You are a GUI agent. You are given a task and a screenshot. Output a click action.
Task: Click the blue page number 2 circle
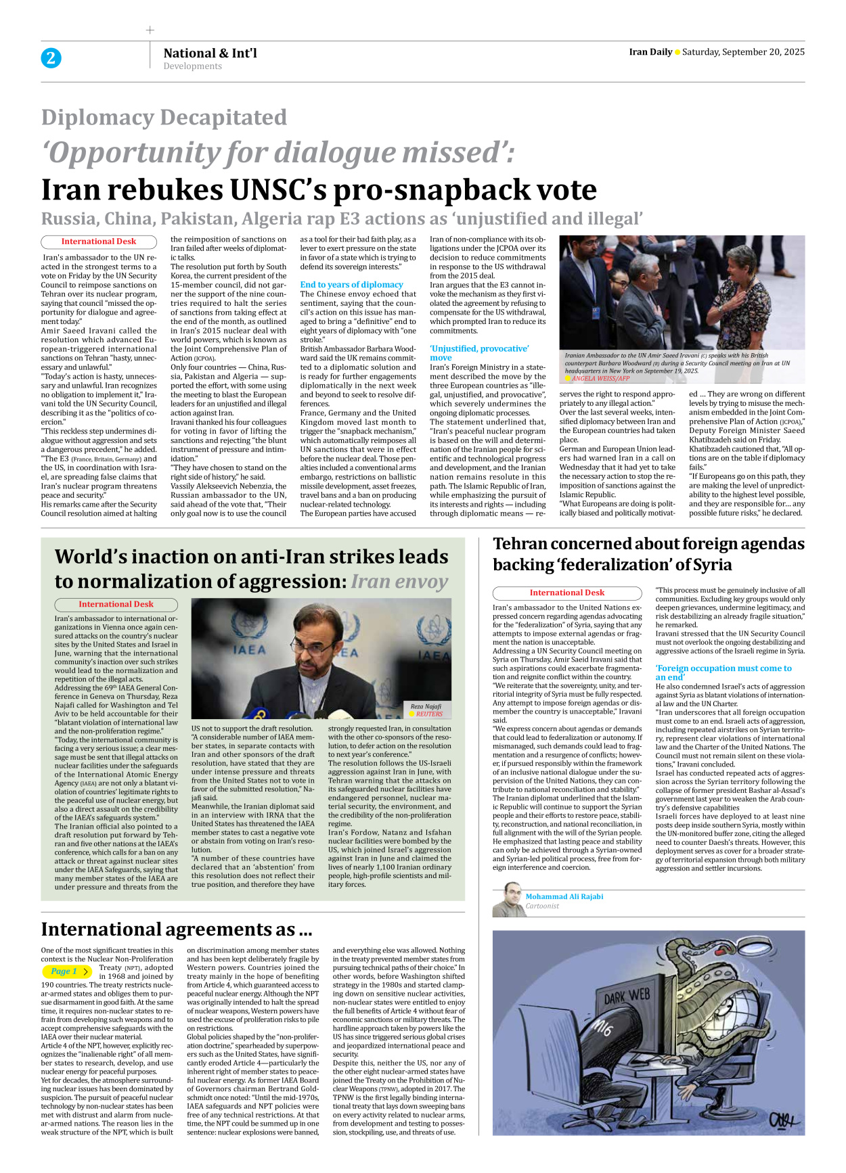[51, 58]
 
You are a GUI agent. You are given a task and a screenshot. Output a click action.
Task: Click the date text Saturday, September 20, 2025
[743, 52]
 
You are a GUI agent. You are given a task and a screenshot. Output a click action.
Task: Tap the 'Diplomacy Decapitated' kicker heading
[164, 118]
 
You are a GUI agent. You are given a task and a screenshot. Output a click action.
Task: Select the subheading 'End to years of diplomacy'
[351, 285]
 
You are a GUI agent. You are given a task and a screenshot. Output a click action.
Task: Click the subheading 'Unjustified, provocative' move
[479, 352]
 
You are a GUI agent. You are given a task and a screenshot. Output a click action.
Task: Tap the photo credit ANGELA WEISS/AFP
[600, 379]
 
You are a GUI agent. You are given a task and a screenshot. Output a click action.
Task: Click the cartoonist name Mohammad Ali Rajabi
[564, 896]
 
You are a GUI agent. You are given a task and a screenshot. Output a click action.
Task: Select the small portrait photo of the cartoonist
[508, 900]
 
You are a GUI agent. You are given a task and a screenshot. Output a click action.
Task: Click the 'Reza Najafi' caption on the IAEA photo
[426, 706]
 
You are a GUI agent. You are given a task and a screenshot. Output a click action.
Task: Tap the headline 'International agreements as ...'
[176, 929]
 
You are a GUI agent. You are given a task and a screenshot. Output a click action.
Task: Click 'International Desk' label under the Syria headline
[566, 593]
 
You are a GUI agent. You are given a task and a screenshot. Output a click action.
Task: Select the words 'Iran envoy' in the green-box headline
[399, 582]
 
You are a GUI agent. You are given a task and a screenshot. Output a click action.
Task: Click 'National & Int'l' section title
[210, 53]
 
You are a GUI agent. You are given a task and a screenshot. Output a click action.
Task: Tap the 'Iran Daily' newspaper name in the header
[650, 52]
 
